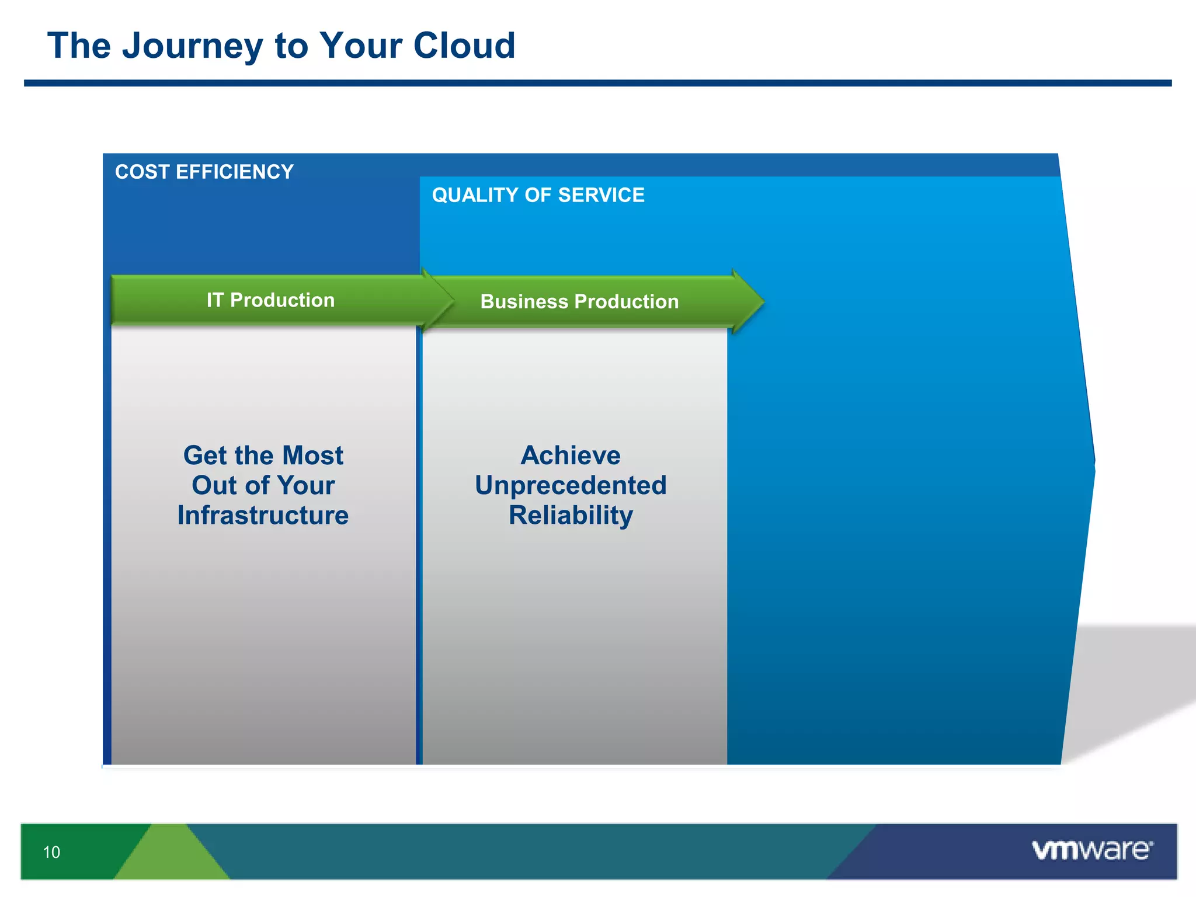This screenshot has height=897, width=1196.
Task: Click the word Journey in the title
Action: [192, 46]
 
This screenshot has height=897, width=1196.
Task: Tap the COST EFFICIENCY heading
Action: [204, 172]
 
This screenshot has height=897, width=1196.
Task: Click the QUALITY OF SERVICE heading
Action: [538, 195]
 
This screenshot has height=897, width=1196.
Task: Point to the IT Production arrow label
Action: [270, 300]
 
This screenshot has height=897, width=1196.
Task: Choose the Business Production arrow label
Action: [579, 301]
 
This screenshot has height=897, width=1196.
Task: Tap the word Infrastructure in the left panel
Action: [263, 516]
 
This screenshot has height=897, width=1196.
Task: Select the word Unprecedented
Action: [571, 485]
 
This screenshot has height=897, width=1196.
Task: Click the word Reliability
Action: [571, 516]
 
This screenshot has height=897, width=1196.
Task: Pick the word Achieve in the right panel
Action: [571, 456]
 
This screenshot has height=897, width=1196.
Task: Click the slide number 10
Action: [51, 852]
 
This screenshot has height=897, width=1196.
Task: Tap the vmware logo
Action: [1091, 850]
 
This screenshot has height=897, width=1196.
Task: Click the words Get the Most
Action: [263, 456]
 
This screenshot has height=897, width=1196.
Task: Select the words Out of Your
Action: [263, 485]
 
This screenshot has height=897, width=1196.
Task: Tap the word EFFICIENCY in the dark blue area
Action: [234, 172]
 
